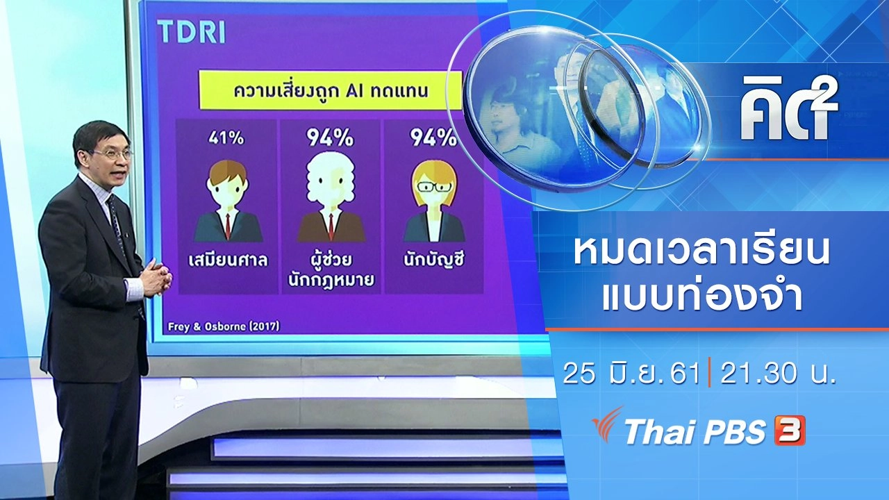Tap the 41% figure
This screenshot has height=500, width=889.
[226, 138]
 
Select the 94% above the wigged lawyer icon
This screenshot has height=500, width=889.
[331, 137]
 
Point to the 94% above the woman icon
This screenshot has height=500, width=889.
[433, 137]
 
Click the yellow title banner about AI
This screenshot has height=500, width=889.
[330, 90]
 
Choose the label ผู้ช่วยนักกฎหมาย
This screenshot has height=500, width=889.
[331, 269]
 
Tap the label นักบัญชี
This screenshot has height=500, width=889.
[433, 260]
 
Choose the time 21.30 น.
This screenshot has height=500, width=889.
[777, 374]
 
